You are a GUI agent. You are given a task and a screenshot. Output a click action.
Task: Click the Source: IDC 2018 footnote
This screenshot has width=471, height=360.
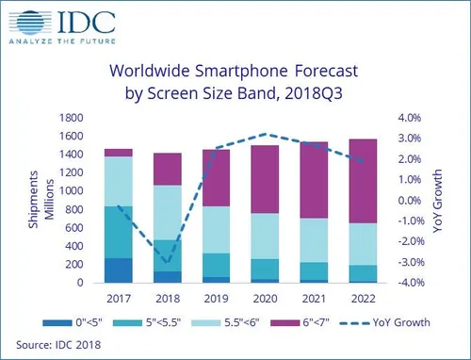59,345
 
